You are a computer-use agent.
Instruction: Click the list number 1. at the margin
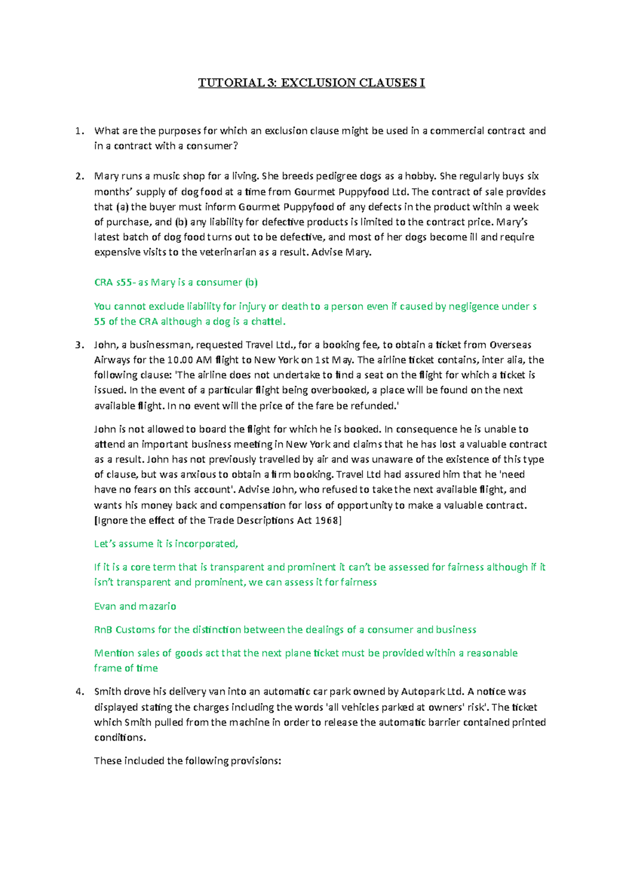(79, 131)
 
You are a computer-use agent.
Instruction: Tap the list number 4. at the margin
(79, 692)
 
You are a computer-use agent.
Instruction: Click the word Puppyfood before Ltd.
(363, 192)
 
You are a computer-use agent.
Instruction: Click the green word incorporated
(206, 544)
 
